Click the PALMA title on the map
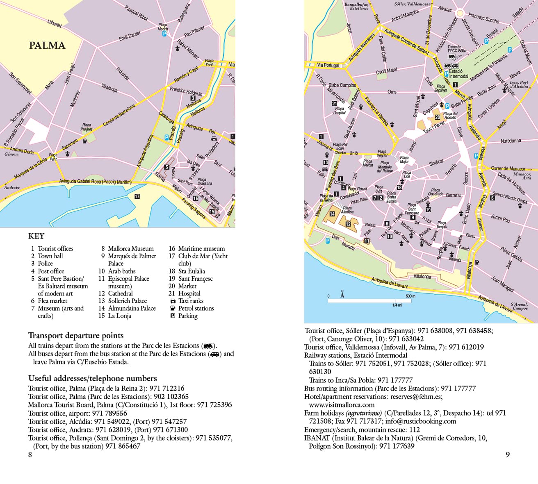pyautogui.click(x=47, y=45)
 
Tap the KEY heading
pyautogui.click(x=36, y=236)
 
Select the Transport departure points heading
pyautogui.click(x=76, y=336)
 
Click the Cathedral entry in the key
pyautogui.click(x=120, y=293)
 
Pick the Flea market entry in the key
pyautogui.click(x=52, y=301)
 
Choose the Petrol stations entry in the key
pyautogui.click(x=196, y=308)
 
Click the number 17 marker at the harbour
pyautogui.click(x=137, y=196)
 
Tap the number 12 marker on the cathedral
pyautogui.click(x=348, y=224)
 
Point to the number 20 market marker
pyautogui.click(x=437, y=117)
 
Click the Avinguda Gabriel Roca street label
pyautogui.click(x=96, y=182)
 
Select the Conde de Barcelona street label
pyautogui.click(x=119, y=115)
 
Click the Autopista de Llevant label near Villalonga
pyautogui.click(x=389, y=283)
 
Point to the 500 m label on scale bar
pyautogui.click(x=410, y=296)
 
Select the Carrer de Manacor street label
pyautogui.click(x=508, y=168)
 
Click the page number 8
pyautogui.click(x=30, y=454)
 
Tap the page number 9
pyautogui.click(x=508, y=454)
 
